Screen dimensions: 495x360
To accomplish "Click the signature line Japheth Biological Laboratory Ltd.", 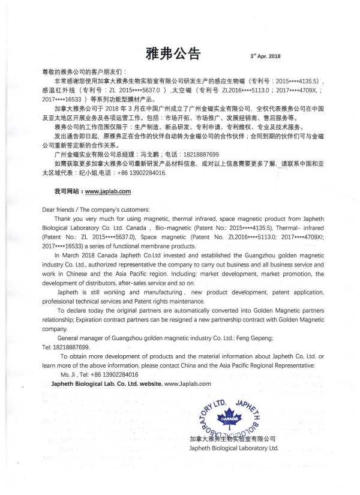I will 233,448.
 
